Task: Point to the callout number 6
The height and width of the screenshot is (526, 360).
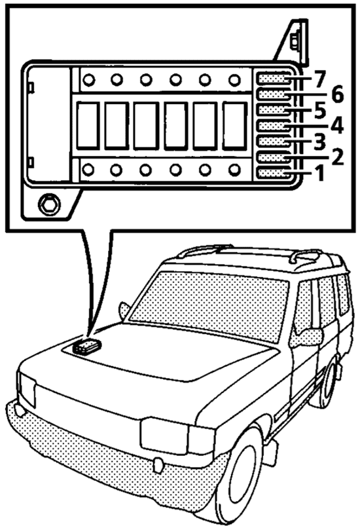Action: coord(337,94)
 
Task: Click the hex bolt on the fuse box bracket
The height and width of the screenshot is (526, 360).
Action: coord(49,204)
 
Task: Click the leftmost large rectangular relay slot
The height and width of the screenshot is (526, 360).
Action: coord(88,126)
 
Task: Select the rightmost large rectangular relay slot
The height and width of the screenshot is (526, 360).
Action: coord(234,126)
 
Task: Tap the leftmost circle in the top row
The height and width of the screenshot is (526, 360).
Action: coord(89,80)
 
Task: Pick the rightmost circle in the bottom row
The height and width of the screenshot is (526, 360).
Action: coord(234,170)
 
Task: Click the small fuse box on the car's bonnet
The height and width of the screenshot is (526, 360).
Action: coord(86,347)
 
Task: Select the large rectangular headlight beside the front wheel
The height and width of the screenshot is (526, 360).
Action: coord(164,436)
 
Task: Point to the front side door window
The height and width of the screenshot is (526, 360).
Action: coord(302,307)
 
